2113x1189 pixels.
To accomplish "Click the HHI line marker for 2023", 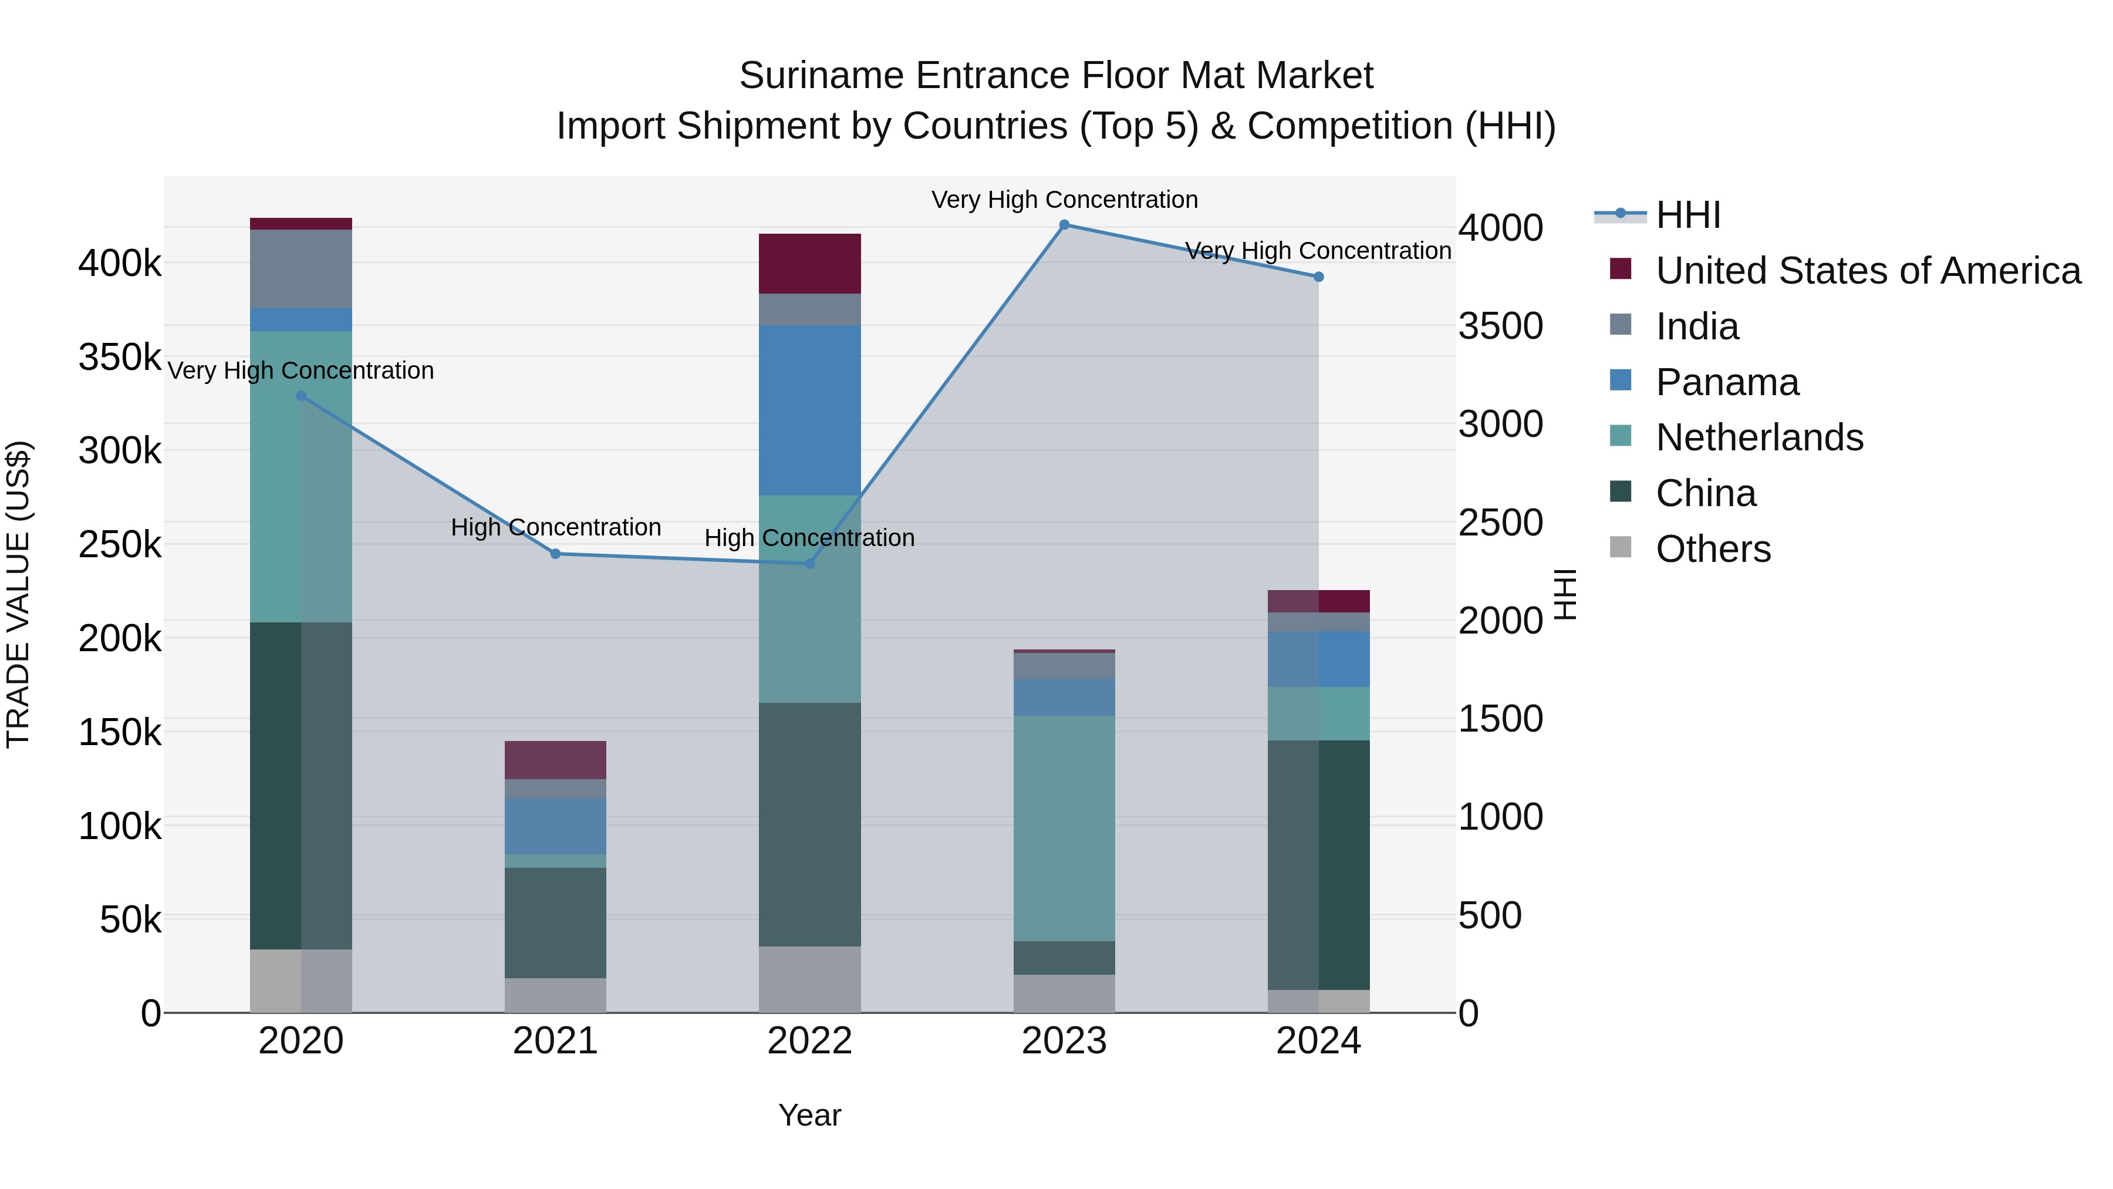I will pyautogui.click(x=1064, y=225).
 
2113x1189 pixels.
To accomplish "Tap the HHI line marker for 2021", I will pyautogui.click(x=555, y=554).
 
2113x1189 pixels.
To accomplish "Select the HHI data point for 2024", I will pyautogui.click(x=1318, y=277).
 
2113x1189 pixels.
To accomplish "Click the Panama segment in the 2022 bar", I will pyautogui.click(x=809, y=410).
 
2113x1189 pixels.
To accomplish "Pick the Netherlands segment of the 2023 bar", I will pyautogui.click(x=1064, y=828).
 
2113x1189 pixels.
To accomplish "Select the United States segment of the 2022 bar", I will pyautogui.click(x=809, y=264).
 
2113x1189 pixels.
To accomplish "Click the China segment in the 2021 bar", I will pyautogui.click(x=555, y=922).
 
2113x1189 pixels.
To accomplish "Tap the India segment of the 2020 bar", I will pyautogui.click(x=301, y=268).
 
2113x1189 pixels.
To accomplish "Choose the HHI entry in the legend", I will pyautogui.click(x=1687, y=215).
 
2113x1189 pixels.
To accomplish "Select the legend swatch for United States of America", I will pyautogui.click(x=1621, y=268).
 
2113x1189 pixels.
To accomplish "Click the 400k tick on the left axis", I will pyautogui.click(x=120, y=264).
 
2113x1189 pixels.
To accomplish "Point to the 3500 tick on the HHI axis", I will pyautogui.click(x=1500, y=326).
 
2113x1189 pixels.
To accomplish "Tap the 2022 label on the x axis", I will pyautogui.click(x=809, y=1041).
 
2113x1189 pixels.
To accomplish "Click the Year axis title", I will pyautogui.click(x=809, y=1115).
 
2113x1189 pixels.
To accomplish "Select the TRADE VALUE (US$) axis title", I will pyautogui.click(x=19, y=594).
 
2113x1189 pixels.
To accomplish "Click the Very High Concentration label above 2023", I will pyautogui.click(x=1064, y=200).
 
